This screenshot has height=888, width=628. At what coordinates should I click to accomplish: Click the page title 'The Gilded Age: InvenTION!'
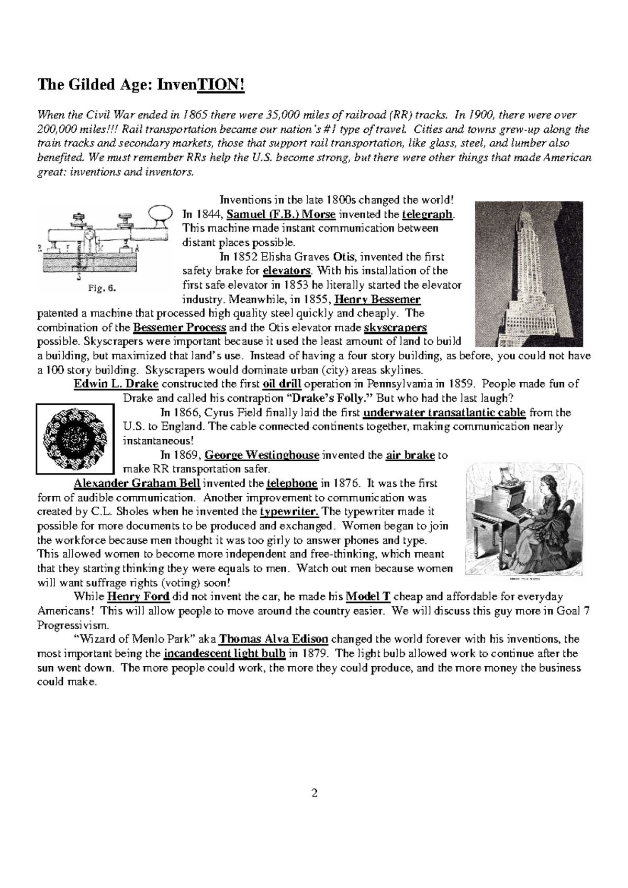coord(140,84)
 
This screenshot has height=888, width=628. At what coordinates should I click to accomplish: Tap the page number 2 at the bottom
coord(314,793)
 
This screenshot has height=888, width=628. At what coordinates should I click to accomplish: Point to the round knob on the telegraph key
coord(160,214)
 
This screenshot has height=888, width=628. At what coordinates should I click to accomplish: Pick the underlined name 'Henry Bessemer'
coord(377,300)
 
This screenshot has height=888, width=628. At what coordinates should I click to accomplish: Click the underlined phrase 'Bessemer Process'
coord(180,328)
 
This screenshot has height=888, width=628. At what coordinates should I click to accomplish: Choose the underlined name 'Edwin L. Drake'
coord(116,384)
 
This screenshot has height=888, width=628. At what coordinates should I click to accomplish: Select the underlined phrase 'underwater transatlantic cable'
coord(444,413)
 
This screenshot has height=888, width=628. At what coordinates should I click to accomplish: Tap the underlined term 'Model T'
coord(368,597)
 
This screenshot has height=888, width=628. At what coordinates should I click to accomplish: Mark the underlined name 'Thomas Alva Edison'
coord(273,639)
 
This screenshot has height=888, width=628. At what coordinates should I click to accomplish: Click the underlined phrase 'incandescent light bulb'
coord(225,653)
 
